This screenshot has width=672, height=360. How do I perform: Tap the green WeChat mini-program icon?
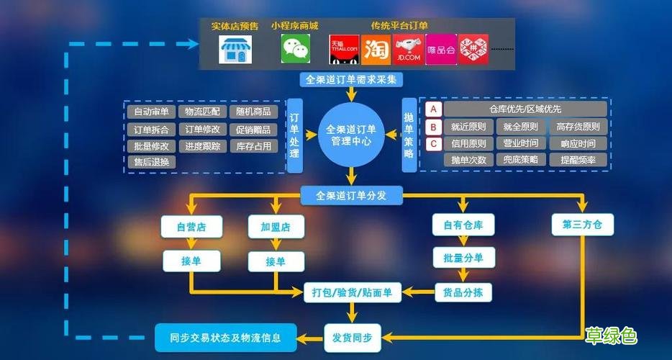[295, 49]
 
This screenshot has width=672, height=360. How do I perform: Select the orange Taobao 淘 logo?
[376, 50]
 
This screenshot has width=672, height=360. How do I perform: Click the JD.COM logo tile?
[408, 50]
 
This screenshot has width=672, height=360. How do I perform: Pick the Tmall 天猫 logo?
[343, 50]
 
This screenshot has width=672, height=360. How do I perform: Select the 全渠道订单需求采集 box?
[350, 79]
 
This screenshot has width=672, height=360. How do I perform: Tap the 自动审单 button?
[151, 112]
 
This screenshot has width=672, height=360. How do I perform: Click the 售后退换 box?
[151, 162]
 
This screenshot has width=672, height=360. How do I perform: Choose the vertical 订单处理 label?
[294, 135]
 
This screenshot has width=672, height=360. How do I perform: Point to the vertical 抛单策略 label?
[409, 135]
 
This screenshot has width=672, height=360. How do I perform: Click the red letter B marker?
[433, 127]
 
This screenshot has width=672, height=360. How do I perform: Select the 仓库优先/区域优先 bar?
[525, 109]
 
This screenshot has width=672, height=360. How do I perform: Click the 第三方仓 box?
[583, 225]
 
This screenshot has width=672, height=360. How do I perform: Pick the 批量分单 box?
[463, 257]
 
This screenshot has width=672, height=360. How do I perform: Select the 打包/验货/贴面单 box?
[351, 292]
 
